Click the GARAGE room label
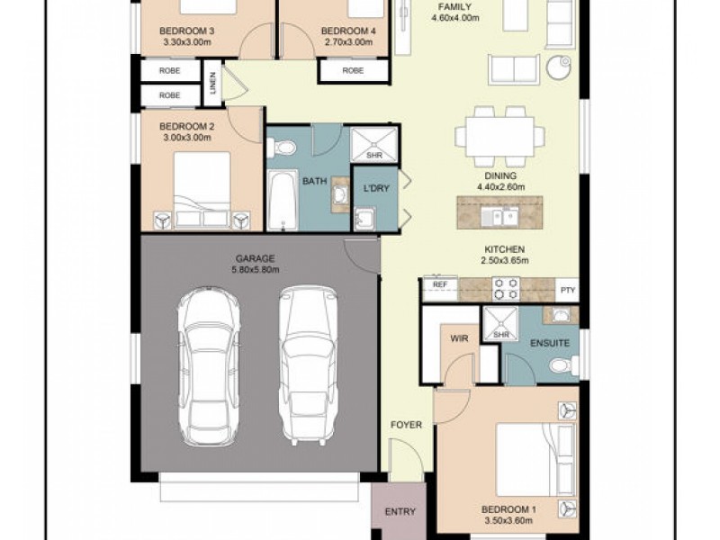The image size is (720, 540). point(256,258)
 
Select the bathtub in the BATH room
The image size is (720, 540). point(283,200)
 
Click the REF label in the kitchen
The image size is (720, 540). point(440,284)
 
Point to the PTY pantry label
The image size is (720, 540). point(568,290)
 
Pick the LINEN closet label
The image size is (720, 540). point(212,83)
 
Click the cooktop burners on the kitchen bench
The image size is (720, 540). point(506,289)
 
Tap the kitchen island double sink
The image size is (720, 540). point(500,216)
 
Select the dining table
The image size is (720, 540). point(500,138)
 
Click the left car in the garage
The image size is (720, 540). point(209,366)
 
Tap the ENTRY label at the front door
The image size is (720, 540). point(400,511)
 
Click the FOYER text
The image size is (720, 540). point(406,425)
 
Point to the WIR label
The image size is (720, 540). point(459,339)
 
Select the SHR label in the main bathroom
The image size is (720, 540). point(374,156)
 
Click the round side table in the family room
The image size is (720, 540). point(559,67)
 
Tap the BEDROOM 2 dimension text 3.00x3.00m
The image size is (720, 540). point(187,138)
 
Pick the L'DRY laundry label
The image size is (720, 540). point(376,188)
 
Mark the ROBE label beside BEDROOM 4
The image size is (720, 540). point(353,71)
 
